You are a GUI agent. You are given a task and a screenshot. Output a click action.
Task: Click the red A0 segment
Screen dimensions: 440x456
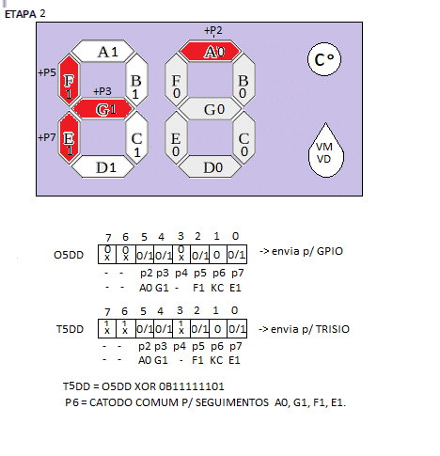coord(210,51)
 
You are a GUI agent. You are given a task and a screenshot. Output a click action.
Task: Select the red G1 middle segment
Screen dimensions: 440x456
coord(103,109)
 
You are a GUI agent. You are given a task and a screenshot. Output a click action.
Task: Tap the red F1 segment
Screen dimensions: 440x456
coord(69,80)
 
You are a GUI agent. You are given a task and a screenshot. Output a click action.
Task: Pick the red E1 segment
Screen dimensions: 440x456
coord(69,138)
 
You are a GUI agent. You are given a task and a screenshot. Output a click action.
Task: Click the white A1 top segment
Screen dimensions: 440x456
coord(103,51)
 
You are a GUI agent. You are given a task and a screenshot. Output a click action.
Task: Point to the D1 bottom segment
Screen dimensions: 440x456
coord(103,166)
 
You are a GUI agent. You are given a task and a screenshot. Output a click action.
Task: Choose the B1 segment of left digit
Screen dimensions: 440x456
coord(136,80)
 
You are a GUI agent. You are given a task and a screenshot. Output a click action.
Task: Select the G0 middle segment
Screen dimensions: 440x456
coord(210,109)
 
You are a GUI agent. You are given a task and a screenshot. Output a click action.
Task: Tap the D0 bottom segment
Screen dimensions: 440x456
coord(210,166)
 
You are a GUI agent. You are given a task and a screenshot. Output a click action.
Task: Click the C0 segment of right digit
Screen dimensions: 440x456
coord(244,138)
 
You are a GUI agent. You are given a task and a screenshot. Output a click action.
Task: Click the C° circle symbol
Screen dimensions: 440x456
coord(324,59)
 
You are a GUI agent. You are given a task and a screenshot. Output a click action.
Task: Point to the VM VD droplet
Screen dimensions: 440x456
coord(325,153)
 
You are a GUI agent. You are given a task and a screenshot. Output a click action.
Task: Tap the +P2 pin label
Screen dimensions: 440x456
coord(213,30)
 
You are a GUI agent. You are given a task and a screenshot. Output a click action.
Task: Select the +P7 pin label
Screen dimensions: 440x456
coord(47,137)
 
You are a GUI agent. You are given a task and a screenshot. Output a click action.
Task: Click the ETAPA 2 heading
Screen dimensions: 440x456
coord(25,14)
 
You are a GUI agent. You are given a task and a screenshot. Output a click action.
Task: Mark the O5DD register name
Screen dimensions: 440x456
coord(69,255)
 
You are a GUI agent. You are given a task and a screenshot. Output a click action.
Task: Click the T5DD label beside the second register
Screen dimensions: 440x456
coord(70,329)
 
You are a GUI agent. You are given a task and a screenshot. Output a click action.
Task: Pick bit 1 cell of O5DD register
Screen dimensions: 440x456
coord(218,255)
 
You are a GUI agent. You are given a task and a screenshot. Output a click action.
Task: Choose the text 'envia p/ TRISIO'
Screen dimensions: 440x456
coord(310,329)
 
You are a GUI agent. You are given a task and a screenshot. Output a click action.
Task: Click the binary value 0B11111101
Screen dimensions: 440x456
coord(192,386)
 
